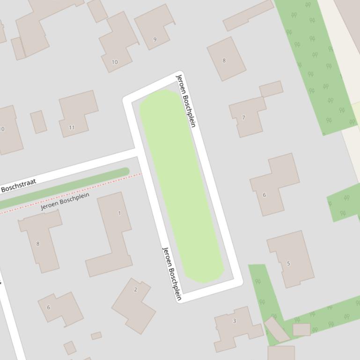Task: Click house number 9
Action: [155, 39]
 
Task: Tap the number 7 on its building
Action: [243, 117]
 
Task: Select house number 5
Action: [288, 263]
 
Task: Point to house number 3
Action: [235, 321]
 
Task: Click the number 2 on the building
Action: [136, 289]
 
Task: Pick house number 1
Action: [119, 213]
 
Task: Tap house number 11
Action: [72, 127]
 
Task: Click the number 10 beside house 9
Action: [115, 62]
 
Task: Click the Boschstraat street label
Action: [19, 186]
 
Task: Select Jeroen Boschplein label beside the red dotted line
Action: [65, 201]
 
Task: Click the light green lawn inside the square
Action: [182, 187]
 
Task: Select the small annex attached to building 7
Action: [271, 89]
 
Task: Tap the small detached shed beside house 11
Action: [38, 122]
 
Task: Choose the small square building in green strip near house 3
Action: [301, 329]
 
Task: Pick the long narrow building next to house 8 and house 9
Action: [248, 15]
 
